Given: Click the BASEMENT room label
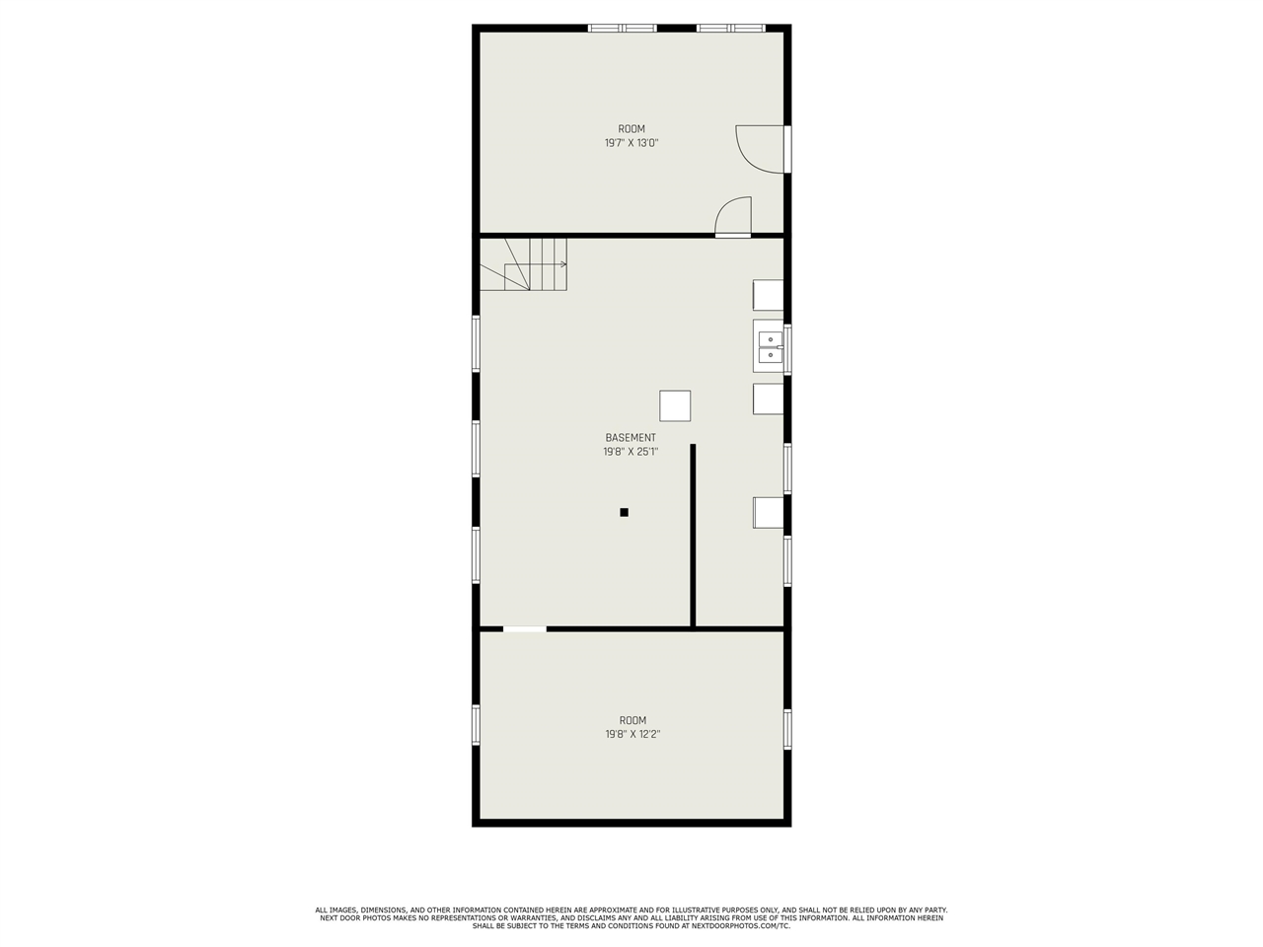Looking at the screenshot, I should (x=631, y=438).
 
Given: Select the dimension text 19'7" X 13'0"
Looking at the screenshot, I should (x=631, y=143).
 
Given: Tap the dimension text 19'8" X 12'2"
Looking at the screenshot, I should (x=632, y=735).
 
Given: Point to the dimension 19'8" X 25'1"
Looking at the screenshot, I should (x=631, y=452).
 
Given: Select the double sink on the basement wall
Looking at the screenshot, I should (x=770, y=347).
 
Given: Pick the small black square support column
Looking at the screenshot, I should (x=624, y=512).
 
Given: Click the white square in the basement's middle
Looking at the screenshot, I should (x=675, y=405).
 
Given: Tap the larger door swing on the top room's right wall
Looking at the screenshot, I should (x=760, y=149).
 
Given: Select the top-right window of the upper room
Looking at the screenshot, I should (x=731, y=28).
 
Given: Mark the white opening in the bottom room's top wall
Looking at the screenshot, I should (x=525, y=628).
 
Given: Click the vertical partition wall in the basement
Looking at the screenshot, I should (x=693, y=535).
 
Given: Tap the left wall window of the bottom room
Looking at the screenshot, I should (x=476, y=725).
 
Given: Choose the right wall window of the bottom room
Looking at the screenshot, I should (x=787, y=729).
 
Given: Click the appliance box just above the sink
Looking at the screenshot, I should (x=768, y=295).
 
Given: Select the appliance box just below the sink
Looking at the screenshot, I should (x=768, y=399).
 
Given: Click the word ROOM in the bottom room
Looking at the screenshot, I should (x=632, y=720).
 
